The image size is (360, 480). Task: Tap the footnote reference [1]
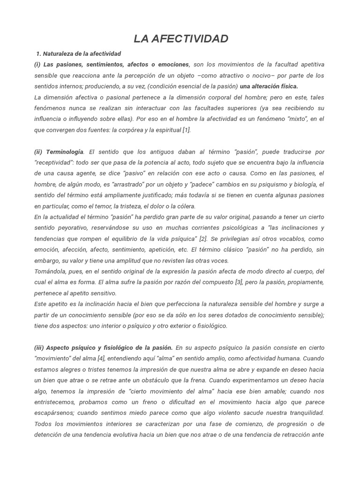(x=187, y=130)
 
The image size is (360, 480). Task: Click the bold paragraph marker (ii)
(x=38, y=152)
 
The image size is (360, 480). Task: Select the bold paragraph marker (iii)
(x=39, y=348)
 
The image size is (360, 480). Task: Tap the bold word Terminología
(x=65, y=152)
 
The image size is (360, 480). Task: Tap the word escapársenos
(x=54, y=413)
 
